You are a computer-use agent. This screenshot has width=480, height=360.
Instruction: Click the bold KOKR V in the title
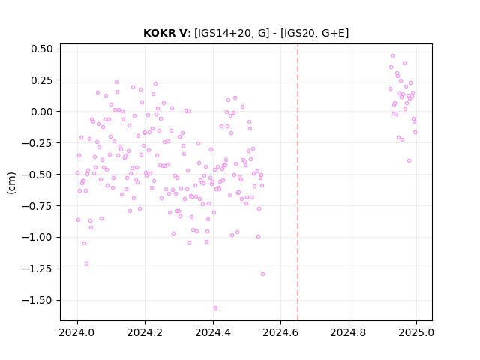[x=165, y=33]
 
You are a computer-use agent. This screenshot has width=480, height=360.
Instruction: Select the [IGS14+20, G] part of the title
[x=232, y=33]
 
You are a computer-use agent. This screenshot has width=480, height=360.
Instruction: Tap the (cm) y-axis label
[x=11, y=183]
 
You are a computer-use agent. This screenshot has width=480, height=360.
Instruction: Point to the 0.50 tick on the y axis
[x=42, y=49]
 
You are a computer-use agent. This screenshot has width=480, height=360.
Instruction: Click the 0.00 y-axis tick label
[x=42, y=112]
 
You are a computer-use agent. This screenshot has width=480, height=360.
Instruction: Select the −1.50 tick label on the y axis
[x=37, y=300]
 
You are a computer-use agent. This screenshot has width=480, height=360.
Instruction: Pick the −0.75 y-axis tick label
[x=37, y=206]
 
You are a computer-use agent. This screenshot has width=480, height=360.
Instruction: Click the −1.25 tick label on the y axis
[x=37, y=268]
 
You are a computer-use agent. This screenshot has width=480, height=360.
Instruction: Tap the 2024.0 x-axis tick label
[x=77, y=332]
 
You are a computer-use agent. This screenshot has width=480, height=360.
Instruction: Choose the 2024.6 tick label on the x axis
[x=280, y=332]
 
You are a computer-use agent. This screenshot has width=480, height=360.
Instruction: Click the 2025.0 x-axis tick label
[x=416, y=332]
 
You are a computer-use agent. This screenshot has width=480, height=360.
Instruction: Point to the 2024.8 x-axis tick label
[x=348, y=332]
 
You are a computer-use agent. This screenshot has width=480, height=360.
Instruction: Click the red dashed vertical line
[x=298, y=182]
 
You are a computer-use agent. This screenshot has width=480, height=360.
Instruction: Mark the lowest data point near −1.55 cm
[x=215, y=308]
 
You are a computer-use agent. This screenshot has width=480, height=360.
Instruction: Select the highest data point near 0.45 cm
[x=392, y=56]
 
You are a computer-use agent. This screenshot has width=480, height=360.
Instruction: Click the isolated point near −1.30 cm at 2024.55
[x=262, y=274]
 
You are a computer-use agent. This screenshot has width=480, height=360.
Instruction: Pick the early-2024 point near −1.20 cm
[x=87, y=263]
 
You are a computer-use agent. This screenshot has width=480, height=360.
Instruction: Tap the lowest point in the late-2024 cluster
[x=409, y=161]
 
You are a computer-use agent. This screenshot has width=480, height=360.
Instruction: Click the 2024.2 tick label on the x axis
[x=145, y=332]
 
